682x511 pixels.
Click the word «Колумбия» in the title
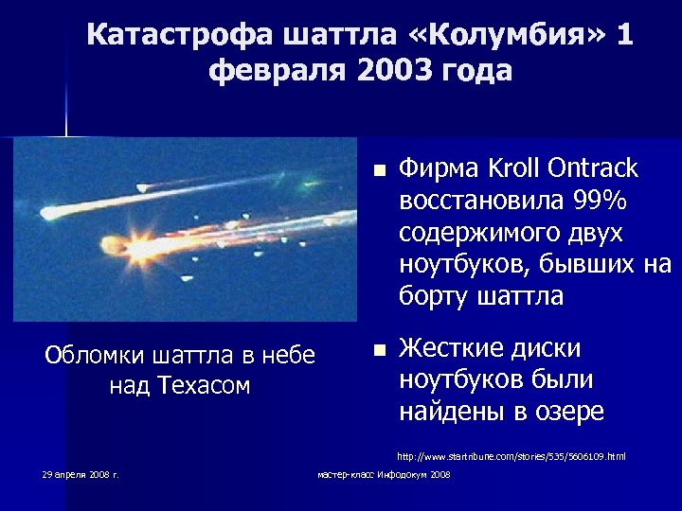(510, 36)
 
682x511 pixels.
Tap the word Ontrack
(593, 168)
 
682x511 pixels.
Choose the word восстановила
(480, 201)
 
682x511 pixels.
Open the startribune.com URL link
(511, 456)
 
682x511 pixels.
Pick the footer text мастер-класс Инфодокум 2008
(384, 474)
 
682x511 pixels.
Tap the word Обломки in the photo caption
(90, 356)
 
